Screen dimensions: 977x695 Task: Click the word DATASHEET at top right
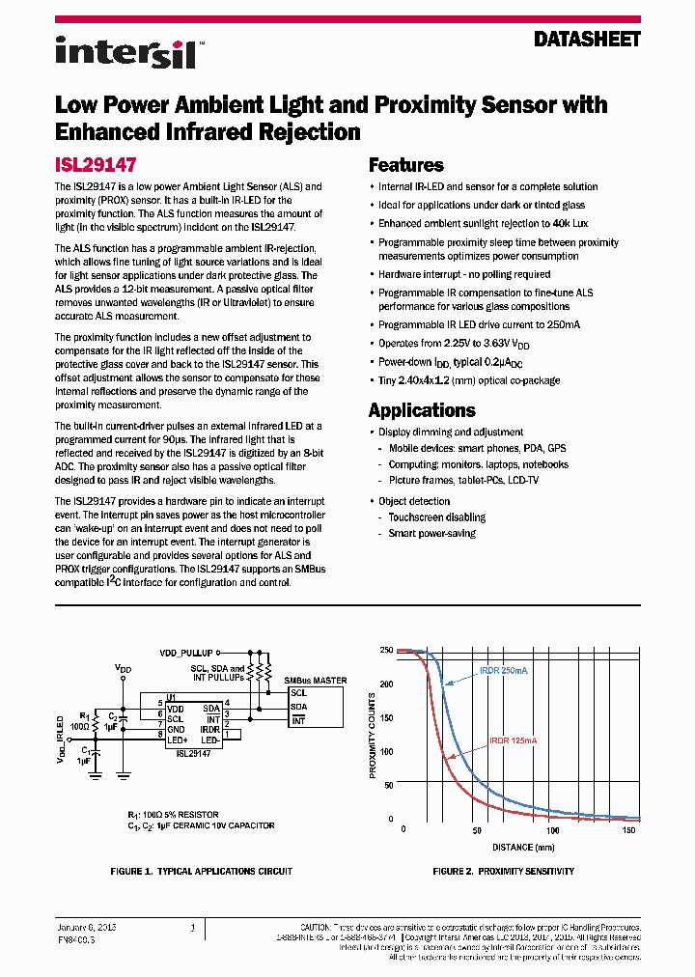(x=587, y=40)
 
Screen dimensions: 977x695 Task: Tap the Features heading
(x=406, y=165)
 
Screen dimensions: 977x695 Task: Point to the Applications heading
(x=422, y=409)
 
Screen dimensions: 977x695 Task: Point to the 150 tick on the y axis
(x=386, y=717)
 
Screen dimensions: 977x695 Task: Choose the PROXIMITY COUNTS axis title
(x=374, y=736)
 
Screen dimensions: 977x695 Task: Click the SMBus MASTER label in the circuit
(x=316, y=681)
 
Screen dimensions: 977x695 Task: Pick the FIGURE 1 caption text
(x=201, y=871)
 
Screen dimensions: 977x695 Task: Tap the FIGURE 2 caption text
(x=503, y=871)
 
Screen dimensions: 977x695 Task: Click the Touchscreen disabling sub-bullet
(x=436, y=517)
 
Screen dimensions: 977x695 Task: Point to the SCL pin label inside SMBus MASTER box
(x=298, y=692)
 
